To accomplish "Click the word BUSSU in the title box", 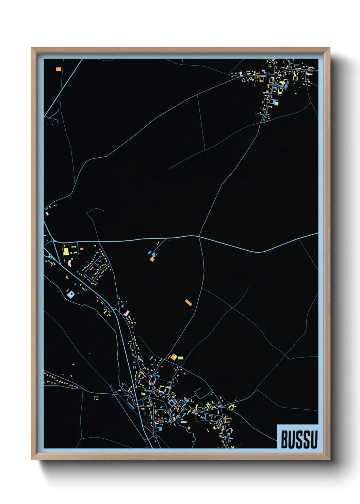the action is point(299,439).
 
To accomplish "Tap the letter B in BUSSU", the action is point(284,439).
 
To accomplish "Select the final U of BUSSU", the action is point(314,439).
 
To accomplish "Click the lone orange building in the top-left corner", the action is point(59,69).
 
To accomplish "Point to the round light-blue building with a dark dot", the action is point(70,294).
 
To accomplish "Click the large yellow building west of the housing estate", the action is point(66,252).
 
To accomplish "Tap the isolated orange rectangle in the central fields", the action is point(189,302).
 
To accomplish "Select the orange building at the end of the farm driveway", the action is point(152,259).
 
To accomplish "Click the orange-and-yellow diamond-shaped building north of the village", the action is point(174,357).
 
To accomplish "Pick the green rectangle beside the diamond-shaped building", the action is point(181,358).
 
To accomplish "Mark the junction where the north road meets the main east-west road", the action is point(199,236).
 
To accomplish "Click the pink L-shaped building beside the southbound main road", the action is point(127,313).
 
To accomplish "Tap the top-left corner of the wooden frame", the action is point(32,48).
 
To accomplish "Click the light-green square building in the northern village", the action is point(276,102).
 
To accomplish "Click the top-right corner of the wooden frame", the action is point(329,48).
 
